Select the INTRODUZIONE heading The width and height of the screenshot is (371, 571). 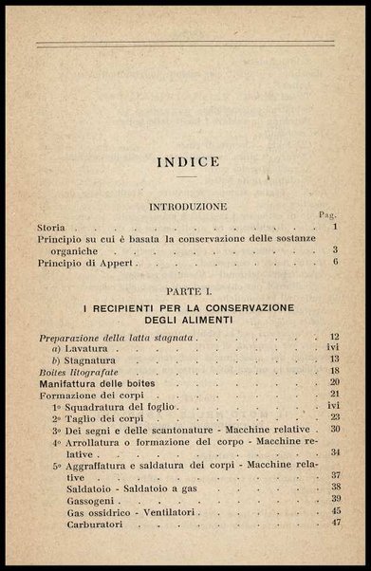(x=186, y=205)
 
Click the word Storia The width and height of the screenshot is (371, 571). (x=52, y=229)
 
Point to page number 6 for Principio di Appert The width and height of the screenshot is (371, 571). (x=335, y=262)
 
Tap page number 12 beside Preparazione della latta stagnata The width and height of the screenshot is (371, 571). (x=334, y=338)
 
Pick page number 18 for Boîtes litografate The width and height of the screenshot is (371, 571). (x=334, y=371)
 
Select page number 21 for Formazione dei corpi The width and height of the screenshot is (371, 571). (x=334, y=394)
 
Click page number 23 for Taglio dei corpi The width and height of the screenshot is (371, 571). (x=334, y=416)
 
